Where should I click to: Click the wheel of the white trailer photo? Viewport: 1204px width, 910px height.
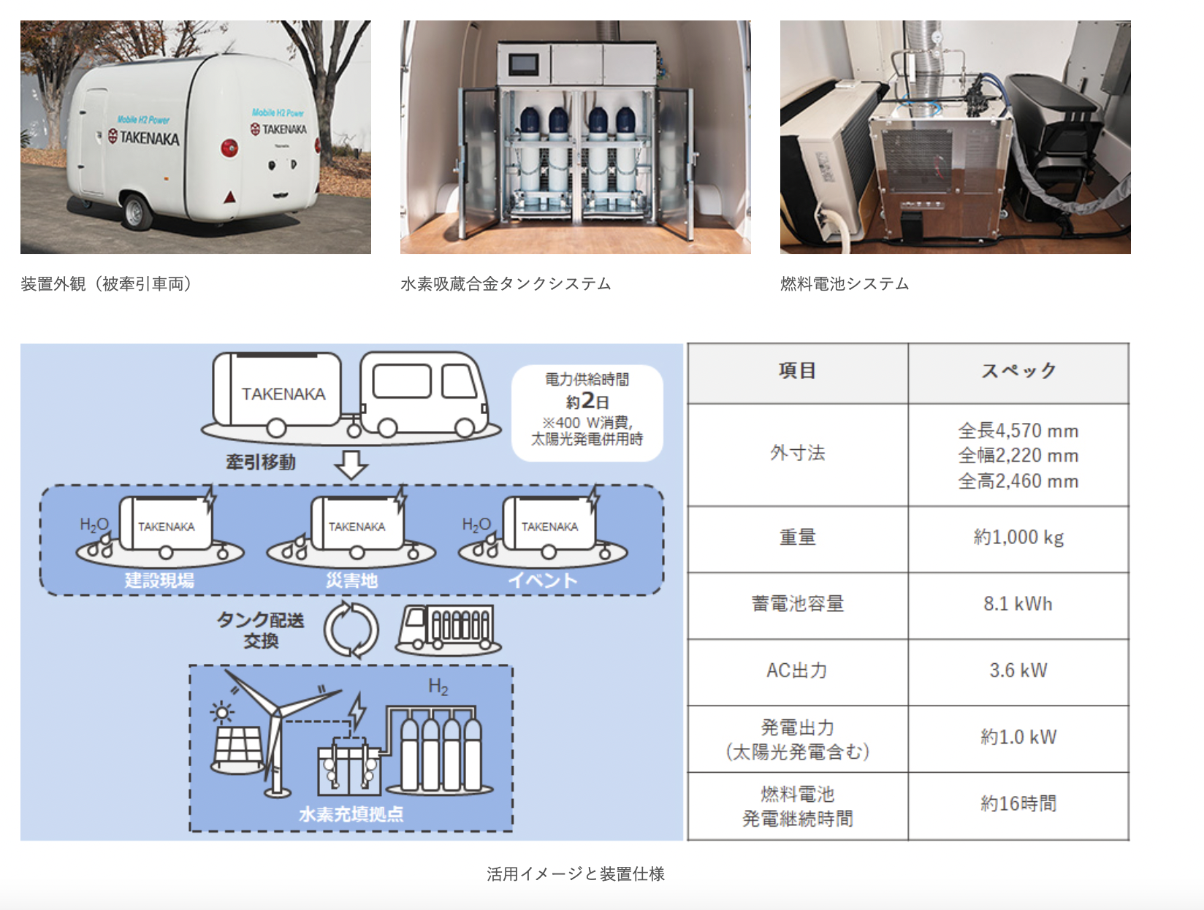tap(136, 211)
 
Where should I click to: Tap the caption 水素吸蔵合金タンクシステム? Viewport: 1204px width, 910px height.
tap(506, 284)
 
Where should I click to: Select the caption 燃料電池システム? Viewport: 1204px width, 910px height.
tap(844, 284)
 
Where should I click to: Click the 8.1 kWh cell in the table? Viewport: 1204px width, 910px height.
tap(1018, 604)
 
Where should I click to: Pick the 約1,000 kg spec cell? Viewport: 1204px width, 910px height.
tap(1018, 538)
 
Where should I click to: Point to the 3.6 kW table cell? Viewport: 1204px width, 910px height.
tap(1018, 670)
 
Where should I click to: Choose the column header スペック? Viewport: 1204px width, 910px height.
tap(1018, 371)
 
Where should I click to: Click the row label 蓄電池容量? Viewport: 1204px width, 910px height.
tap(797, 604)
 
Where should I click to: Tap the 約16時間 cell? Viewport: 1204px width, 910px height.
tap(1018, 804)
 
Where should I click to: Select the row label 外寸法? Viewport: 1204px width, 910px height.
tap(797, 454)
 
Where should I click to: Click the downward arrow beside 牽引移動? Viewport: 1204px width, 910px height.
tap(351, 464)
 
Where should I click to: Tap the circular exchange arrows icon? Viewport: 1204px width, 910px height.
tap(351, 630)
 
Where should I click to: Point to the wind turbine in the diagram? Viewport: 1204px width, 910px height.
tap(276, 730)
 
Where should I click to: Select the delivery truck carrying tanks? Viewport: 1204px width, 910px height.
tap(447, 630)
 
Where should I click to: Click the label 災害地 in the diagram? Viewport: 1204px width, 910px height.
tap(351, 581)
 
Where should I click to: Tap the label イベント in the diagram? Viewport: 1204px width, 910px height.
tap(543, 581)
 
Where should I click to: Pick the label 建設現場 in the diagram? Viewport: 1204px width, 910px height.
tap(159, 581)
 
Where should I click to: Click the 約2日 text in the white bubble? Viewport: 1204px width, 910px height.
tap(587, 402)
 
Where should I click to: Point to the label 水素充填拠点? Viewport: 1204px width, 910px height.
tap(351, 814)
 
